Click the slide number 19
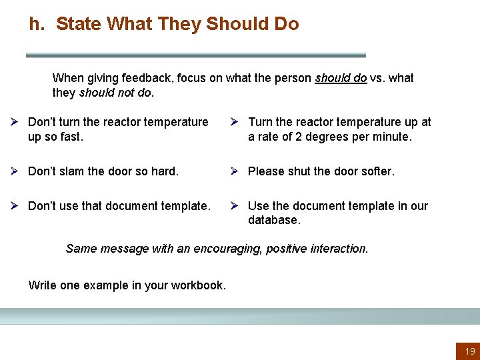coord(470,351)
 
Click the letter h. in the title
coord(37,25)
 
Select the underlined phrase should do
coord(341,78)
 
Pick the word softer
coord(377,171)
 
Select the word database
coord(274,219)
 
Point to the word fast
coord(71,137)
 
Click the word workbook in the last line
coord(198,285)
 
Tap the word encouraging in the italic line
coord(225,249)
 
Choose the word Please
coord(266,171)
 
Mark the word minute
coord(392,137)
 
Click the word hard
coord(164,171)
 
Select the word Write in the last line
coord(43,285)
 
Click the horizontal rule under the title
coord(196,55)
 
